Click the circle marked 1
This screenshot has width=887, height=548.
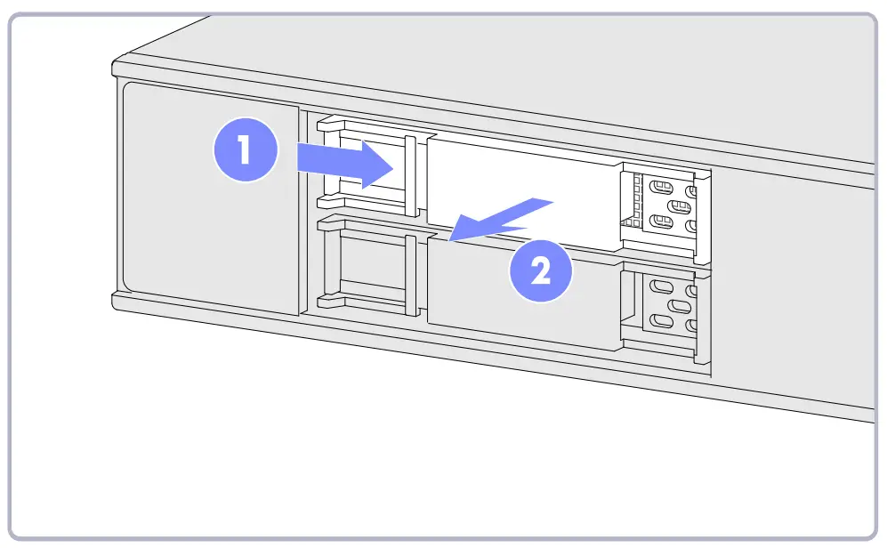pyautogui.click(x=246, y=151)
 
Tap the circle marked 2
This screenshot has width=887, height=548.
pyautogui.click(x=540, y=269)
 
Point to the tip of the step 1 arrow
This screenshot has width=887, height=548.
pyautogui.click(x=393, y=165)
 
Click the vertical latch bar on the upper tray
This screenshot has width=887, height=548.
pyautogui.click(x=410, y=175)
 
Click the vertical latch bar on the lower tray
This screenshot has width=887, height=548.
pyautogui.click(x=410, y=276)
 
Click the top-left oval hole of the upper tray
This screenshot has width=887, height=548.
pyautogui.click(x=660, y=189)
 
